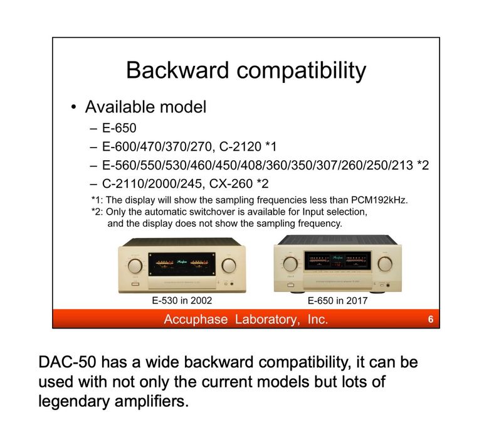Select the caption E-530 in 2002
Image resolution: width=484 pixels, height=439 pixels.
click(x=182, y=301)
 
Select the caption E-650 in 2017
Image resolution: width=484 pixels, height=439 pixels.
click(x=337, y=301)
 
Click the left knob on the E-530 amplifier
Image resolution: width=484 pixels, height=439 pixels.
click(x=135, y=265)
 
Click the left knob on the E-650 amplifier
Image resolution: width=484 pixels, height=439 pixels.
click(x=290, y=263)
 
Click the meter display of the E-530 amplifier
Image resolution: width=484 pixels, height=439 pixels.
click(x=182, y=263)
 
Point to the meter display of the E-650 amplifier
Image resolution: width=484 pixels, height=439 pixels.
click(x=337, y=260)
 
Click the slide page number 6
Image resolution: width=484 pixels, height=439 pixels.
click(x=430, y=320)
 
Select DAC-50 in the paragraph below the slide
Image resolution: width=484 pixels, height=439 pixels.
click(x=65, y=364)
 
